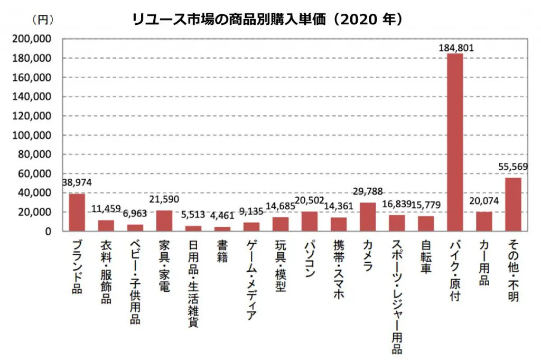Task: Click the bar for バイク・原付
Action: click(455, 142)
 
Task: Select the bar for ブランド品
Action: click(77, 212)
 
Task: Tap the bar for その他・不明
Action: click(513, 204)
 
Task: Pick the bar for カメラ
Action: click(368, 217)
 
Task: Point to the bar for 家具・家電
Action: click(164, 220)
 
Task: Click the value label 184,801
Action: click(456, 48)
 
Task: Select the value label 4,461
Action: click(222, 215)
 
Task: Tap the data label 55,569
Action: click(513, 167)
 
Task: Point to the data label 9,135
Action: click(251, 211)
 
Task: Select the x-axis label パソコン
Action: click(310, 259)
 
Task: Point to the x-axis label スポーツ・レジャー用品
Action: click(397, 296)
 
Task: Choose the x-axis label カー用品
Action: click(484, 262)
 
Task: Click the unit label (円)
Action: click(43, 20)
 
